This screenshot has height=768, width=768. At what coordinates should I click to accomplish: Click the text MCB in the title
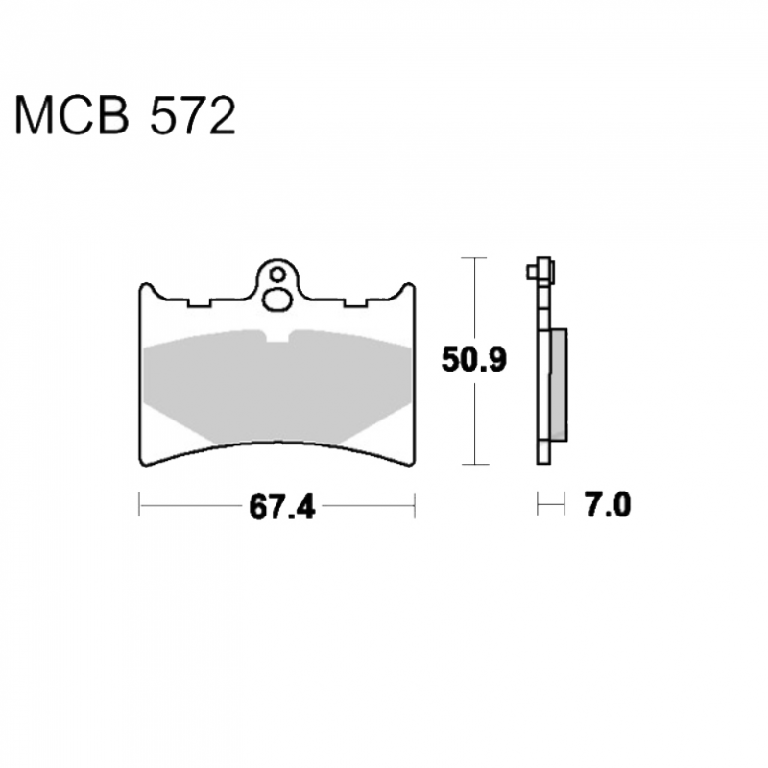pyautogui.click(x=72, y=115)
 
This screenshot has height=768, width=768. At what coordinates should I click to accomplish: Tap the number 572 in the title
pyautogui.click(x=193, y=115)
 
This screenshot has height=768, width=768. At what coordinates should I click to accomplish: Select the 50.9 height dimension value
pyautogui.click(x=473, y=359)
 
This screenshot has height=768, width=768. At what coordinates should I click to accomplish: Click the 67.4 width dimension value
pyautogui.click(x=282, y=507)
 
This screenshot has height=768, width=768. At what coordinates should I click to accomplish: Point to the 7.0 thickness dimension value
pyautogui.click(x=608, y=505)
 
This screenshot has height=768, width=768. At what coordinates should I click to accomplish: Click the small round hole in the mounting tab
pyautogui.click(x=277, y=275)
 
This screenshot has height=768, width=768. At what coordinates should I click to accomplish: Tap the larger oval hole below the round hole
pyautogui.click(x=277, y=300)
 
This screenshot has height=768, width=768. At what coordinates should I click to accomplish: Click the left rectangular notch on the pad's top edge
pyautogui.click(x=199, y=302)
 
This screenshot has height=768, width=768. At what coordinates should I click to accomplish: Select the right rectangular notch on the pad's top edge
pyautogui.click(x=355, y=302)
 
